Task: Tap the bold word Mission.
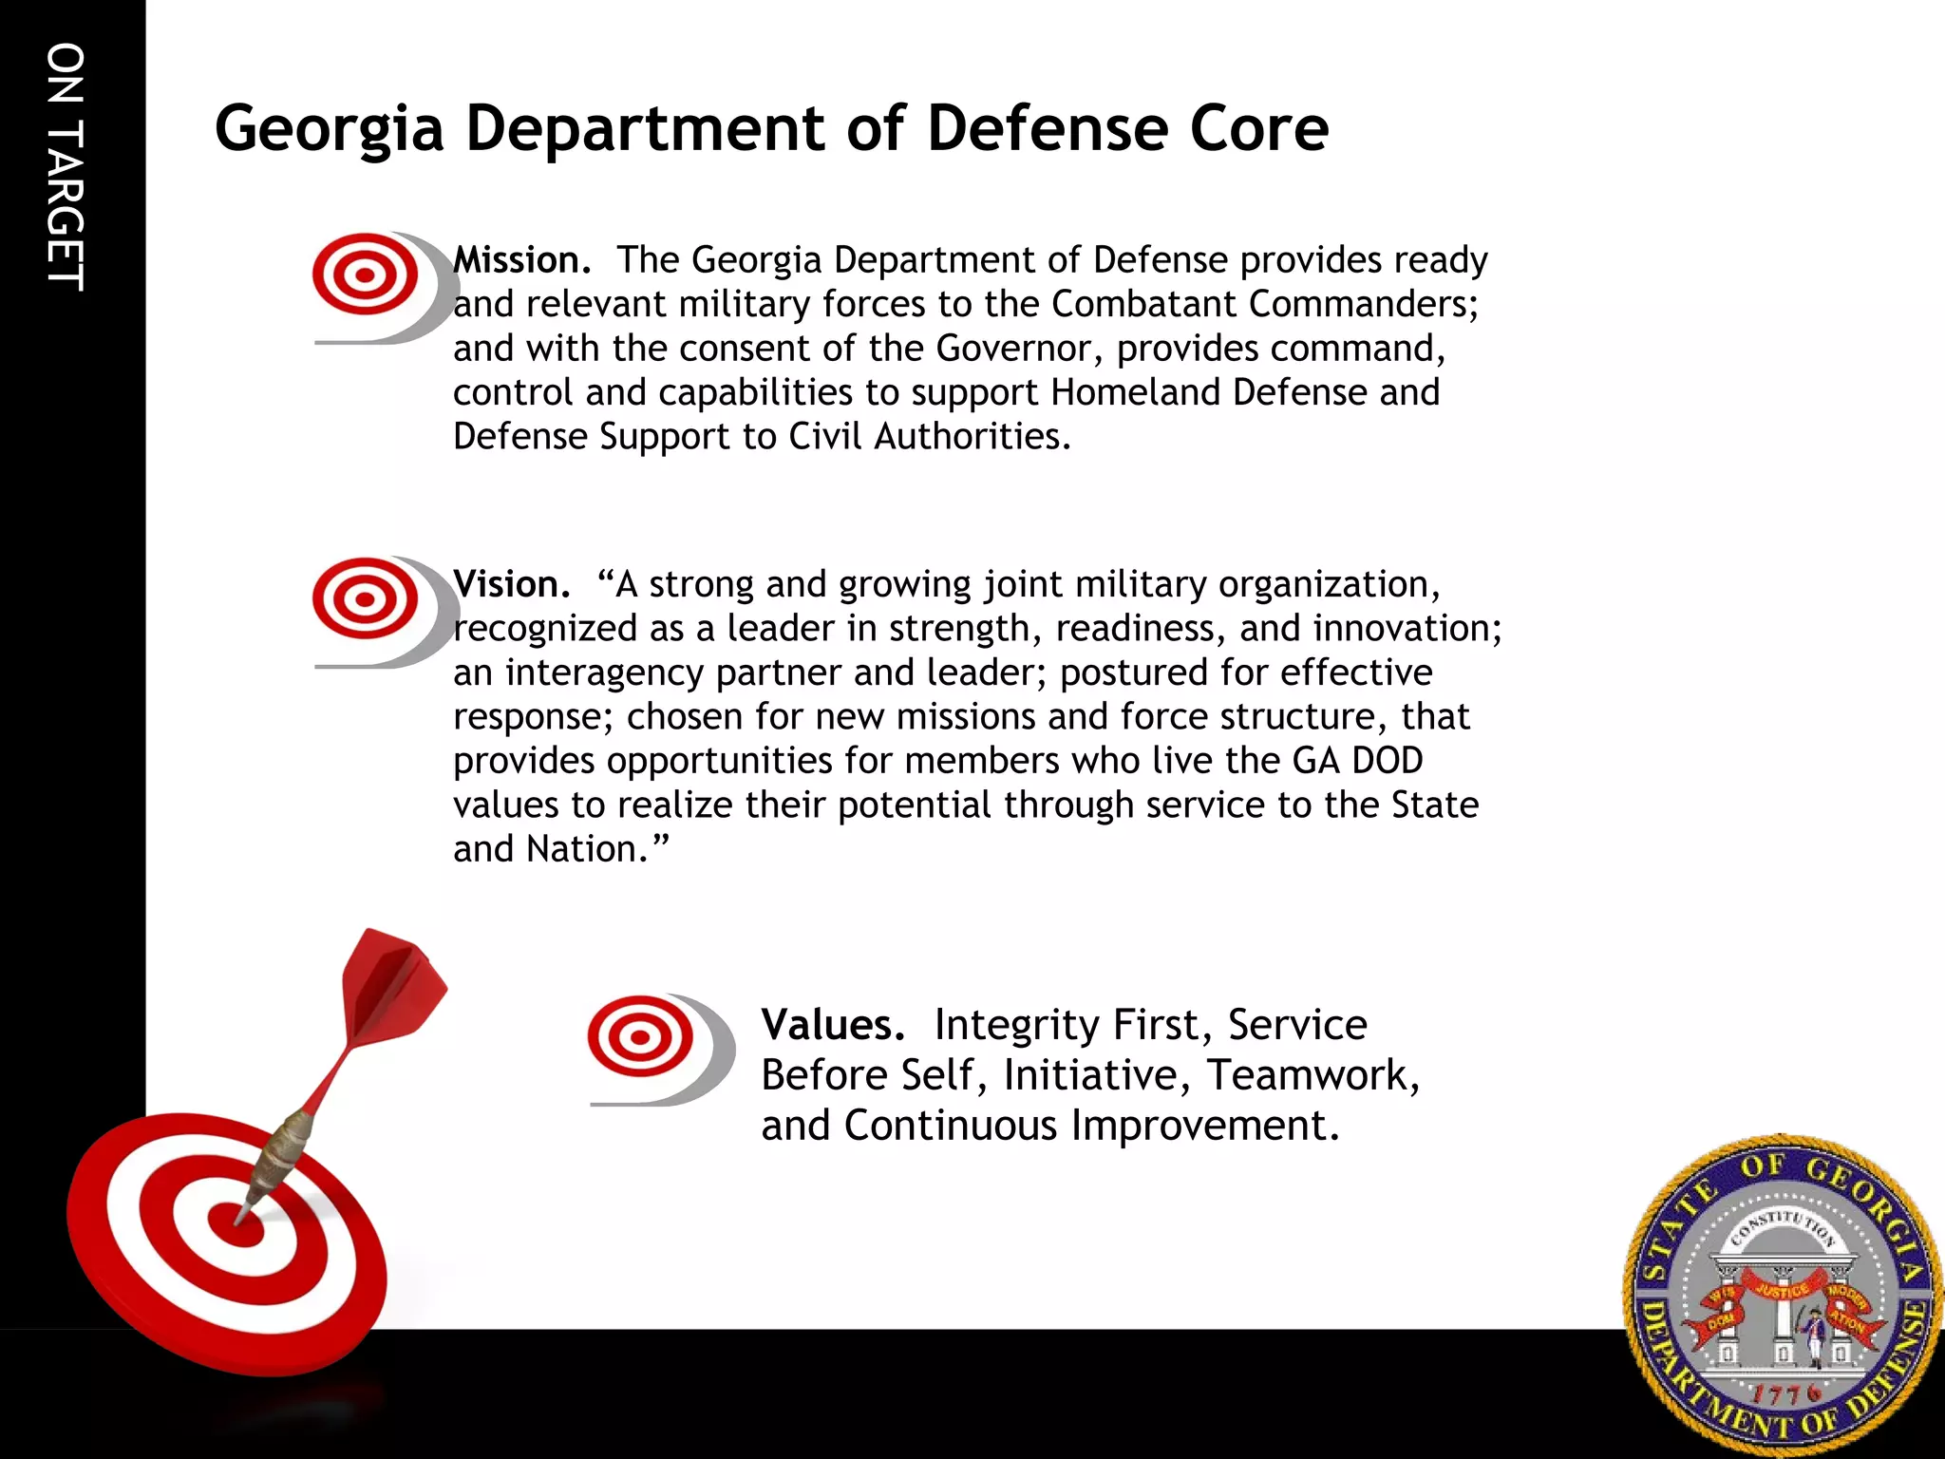(x=521, y=260)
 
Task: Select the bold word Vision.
(x=511, y=584)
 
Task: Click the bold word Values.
(x=832, y=1025)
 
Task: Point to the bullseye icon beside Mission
(x=366, y=275)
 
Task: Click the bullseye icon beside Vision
(x=366, y=599)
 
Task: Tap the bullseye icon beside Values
(x=641, y=1037)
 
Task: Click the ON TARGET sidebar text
(x=66, y=166)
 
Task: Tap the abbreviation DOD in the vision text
(x=1388, y=761)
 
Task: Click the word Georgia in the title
(x=329, y=130)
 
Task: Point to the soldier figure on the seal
(x=1814, y=1335)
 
